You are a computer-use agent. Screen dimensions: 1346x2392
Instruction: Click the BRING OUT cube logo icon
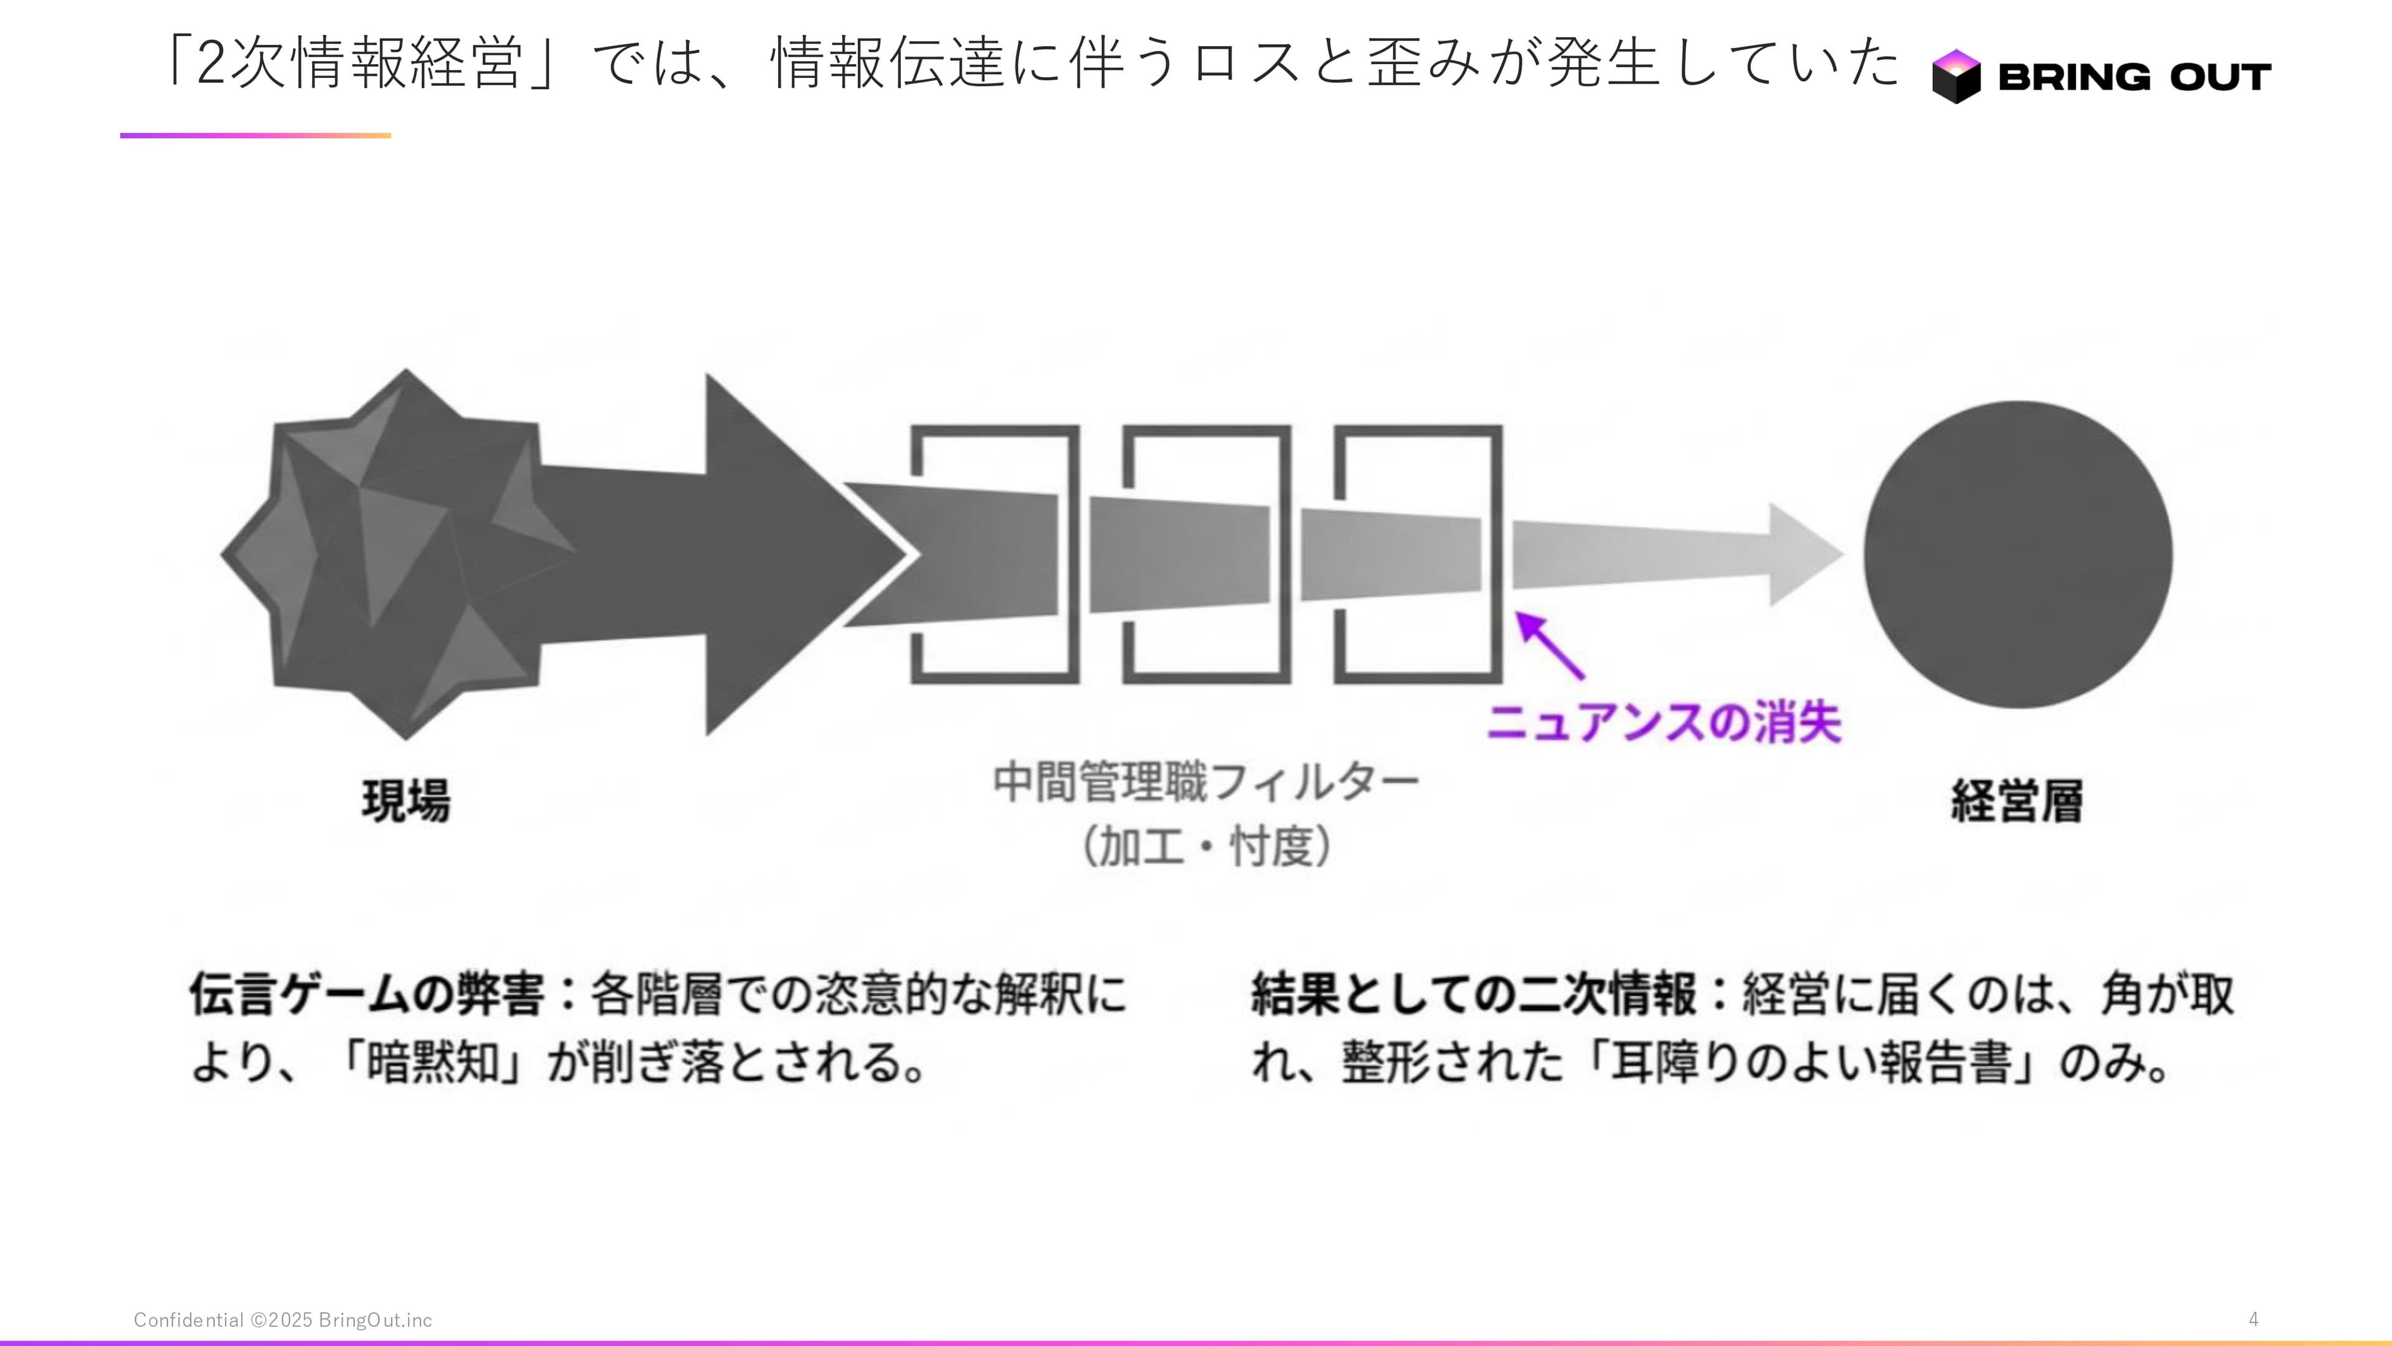(1955, 76)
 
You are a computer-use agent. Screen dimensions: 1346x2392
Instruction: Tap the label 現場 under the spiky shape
(406, 800)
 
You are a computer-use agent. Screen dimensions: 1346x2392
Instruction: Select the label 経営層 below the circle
(2016, 800)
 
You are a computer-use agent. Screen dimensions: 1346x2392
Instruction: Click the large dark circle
(2017, 554)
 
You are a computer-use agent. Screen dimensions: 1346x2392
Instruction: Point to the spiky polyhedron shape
(390, 554)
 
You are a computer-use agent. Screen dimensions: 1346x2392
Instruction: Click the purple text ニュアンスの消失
(1663, 722)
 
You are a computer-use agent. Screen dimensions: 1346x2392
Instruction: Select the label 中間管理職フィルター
(1206, 782)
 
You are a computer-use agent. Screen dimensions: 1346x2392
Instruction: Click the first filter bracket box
(995, 554)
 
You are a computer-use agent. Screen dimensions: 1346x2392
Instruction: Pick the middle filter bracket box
(1206, 554)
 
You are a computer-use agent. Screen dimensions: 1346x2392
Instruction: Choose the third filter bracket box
(1418, 554)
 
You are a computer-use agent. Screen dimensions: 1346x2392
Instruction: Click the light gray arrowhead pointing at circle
(1803, 554)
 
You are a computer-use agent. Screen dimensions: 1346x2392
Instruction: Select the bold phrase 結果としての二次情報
(1474, 994)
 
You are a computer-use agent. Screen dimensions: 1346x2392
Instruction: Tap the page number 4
(2252, 1319)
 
